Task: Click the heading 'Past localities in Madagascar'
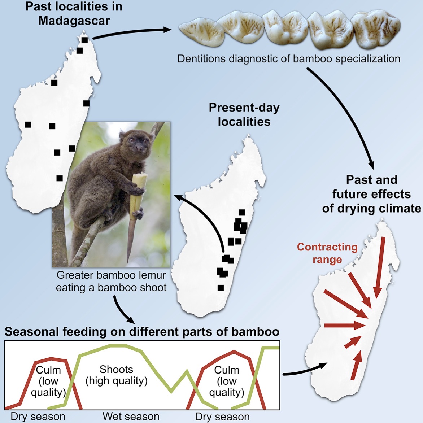click(74, 14)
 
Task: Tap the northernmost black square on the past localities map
click(85, 40)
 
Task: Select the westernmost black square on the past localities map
click(28, 125)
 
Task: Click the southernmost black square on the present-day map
click(221, 288)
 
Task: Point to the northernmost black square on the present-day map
click(242, 213)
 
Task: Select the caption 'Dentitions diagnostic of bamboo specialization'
click(289, 58)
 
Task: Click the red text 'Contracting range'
click(327, 253)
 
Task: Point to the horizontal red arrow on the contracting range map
click(344, 325)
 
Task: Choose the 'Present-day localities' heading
click(244, 115)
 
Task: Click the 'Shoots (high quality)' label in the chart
click(117, 375)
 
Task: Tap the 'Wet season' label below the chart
click(131, 416)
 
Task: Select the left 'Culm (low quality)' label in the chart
click(48, 381)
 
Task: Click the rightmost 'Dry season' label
click(222, 417)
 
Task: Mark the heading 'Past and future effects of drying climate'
click(371, 194)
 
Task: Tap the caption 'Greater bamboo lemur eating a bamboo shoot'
click(111, 282)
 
